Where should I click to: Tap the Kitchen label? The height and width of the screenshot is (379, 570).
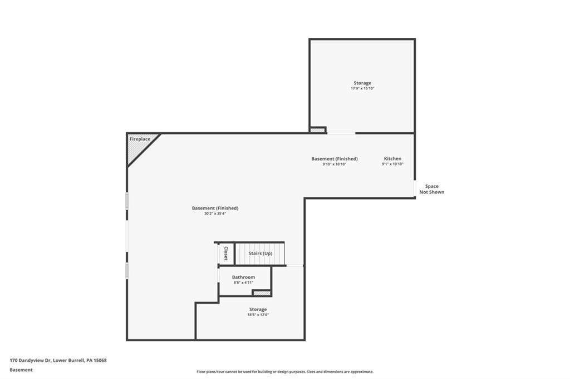(x=392, y=159)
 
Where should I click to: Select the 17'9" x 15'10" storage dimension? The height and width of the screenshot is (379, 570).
(x=362, y=88)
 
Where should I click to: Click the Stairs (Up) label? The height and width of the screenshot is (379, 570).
(x=260, y=253)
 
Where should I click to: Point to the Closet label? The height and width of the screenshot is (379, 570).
(x=225, y=253)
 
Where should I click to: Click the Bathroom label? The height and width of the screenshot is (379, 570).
(x=243, y=277)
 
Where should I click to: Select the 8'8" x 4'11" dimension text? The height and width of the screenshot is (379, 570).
(x=243, y=283)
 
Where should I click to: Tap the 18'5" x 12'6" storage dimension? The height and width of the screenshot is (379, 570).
(x=258, y=315)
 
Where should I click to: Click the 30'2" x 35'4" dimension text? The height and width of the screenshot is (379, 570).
(x=215, y=213)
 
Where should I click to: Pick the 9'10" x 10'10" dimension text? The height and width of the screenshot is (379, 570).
(x=334, y=164)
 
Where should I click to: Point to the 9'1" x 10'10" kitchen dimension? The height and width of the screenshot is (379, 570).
(x=392, y=164)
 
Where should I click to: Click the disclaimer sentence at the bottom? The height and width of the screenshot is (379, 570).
(x=284, y=372)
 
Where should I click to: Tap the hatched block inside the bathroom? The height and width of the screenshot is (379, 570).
(x=261, y=293)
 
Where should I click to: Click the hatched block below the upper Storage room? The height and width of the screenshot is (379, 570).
(x=317, y=130)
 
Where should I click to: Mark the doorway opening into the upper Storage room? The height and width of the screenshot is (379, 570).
(x=341, y=133)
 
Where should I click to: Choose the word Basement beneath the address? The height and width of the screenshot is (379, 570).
(x=21, y=370)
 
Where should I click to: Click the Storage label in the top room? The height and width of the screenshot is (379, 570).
(x=362, y=83)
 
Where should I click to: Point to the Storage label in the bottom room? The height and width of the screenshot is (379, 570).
(x=258, y=309)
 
